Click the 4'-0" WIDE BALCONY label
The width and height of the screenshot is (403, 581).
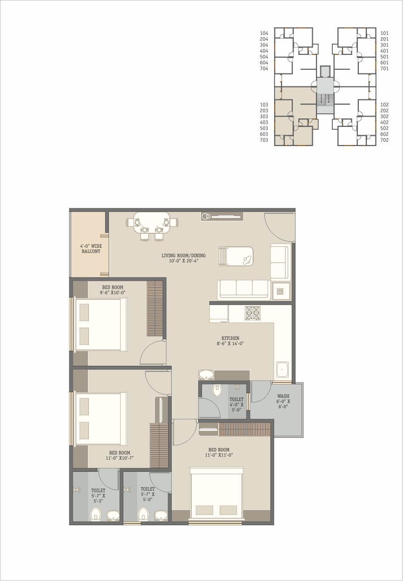pyautogui.click(x=91, y=249)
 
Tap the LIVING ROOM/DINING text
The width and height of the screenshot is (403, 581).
pyautogui.click(x=183, y=256)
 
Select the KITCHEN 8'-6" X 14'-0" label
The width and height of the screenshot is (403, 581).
pyautogui.click(x=230, y=341)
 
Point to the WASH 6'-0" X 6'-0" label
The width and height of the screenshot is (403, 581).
pyautogui.click(x=283, y=401)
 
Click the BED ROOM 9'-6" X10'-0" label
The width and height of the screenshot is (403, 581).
pyautogui.click(x=113, y=290)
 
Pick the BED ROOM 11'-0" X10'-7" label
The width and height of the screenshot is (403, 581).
pyautogui.click(x=120, y=455)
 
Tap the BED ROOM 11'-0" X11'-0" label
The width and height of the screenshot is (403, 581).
pyautogui.click(x=219, y=452)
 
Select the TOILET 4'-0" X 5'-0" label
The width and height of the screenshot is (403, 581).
pyautogui.click(x=236, y=405)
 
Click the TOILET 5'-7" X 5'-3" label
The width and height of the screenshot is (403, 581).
pyautogui.click(x=98, y=495)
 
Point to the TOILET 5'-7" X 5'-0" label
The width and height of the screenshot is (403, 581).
pyautogui.click(x=148, y=494)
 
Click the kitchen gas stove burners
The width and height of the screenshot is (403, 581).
pyautogui.click(x=252, y=313)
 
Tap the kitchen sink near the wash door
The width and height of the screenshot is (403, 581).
pyautogui.click(x=282, y=370)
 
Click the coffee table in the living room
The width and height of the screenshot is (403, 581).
pyautogui.click(x=240, y=256)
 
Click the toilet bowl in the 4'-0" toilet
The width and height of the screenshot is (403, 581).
pyautogui.click(x=217, y=390)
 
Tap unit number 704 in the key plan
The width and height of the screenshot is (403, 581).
pyautogui.click(x=264, y=69)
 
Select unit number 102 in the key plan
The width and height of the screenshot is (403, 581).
pyautogui.click(x=384, y=105)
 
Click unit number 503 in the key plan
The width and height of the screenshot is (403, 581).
pyautogui.click(x=264, y=128)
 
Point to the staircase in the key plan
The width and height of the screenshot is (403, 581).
pyautogui.click(x=325, y=99)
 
